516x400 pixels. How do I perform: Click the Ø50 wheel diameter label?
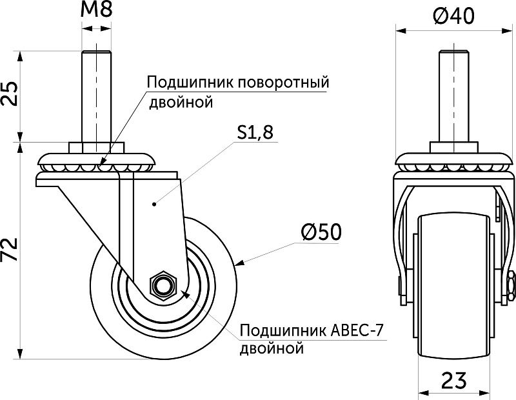320,232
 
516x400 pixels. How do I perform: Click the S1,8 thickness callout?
255,132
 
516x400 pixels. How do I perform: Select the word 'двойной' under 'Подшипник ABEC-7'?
271,350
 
